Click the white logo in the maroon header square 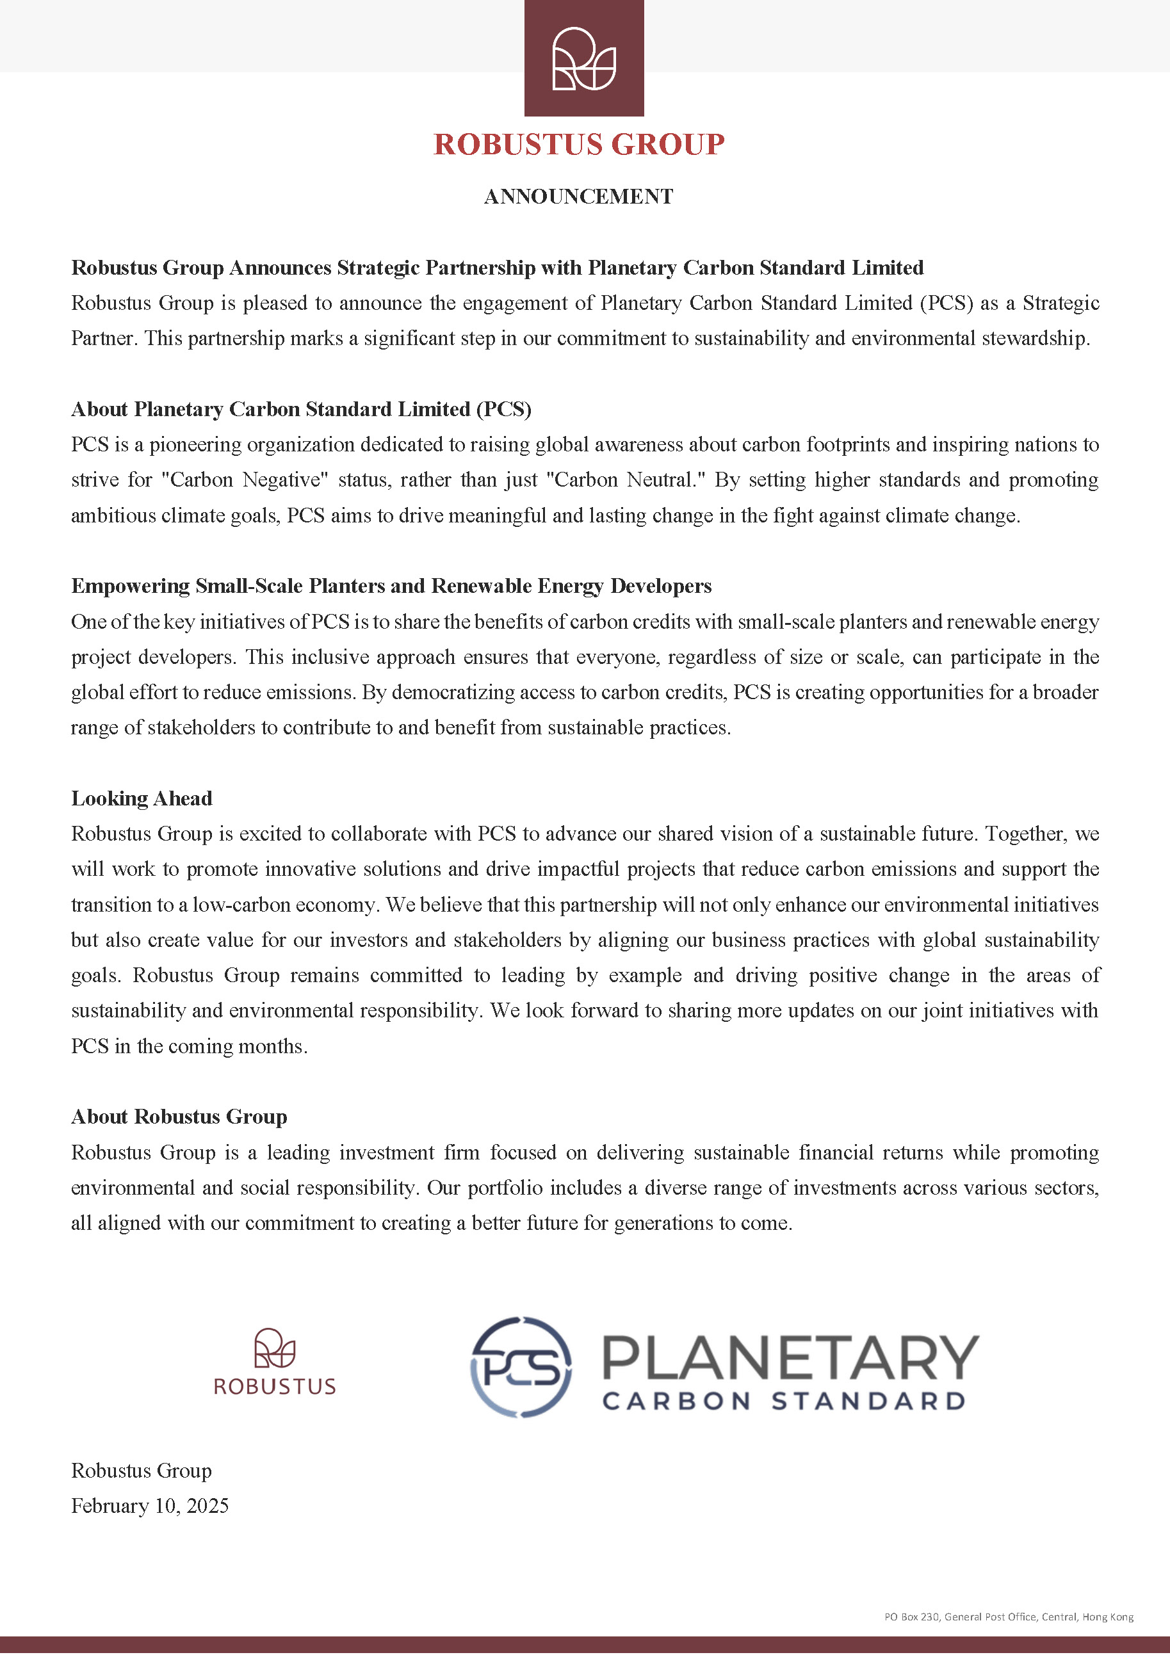coord(584,58)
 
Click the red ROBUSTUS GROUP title coord(579,144)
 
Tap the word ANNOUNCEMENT coord(578,196)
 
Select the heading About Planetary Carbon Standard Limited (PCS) coord(300,408)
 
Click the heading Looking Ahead coord(142,798)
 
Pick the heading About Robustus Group coord(179,1117)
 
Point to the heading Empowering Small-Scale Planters coord(391,585)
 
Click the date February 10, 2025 coord(150,1506)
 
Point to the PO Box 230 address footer coord(1009,1617)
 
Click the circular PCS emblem coord(521,1368)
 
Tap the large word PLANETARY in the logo coord(790,1357)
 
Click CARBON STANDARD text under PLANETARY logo coord(784,1401)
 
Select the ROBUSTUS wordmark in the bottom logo coord(275,1386)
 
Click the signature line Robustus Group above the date coord(142,1471)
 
